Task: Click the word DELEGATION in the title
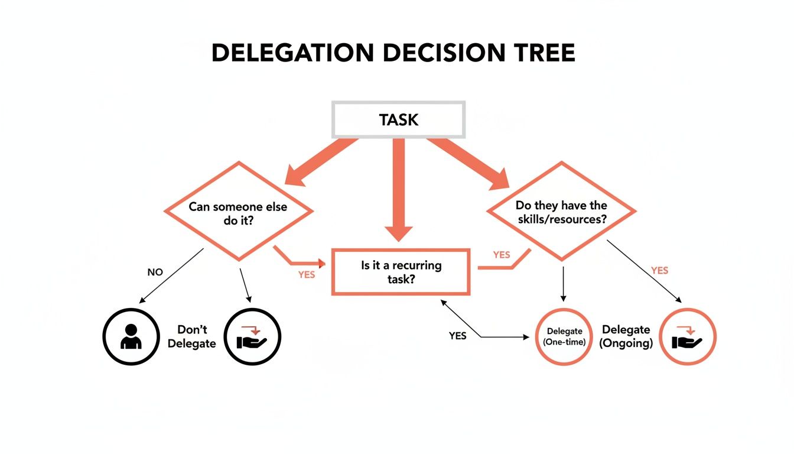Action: (x=292, y=53)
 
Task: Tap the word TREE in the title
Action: (x=539, y=53)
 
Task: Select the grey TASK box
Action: (x=399, y=120)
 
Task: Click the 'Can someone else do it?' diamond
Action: (x=238, y=212)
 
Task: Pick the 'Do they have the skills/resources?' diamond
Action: (x=561, y=212)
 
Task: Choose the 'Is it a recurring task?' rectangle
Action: (x=401, y=272)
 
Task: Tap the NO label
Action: (x=155, y=273)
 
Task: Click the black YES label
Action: (x=457, y=336)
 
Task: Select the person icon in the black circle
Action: (x=131, y=337)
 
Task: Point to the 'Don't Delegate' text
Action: (x=192, y=336)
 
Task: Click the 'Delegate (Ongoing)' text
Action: (x=626, y=336)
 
